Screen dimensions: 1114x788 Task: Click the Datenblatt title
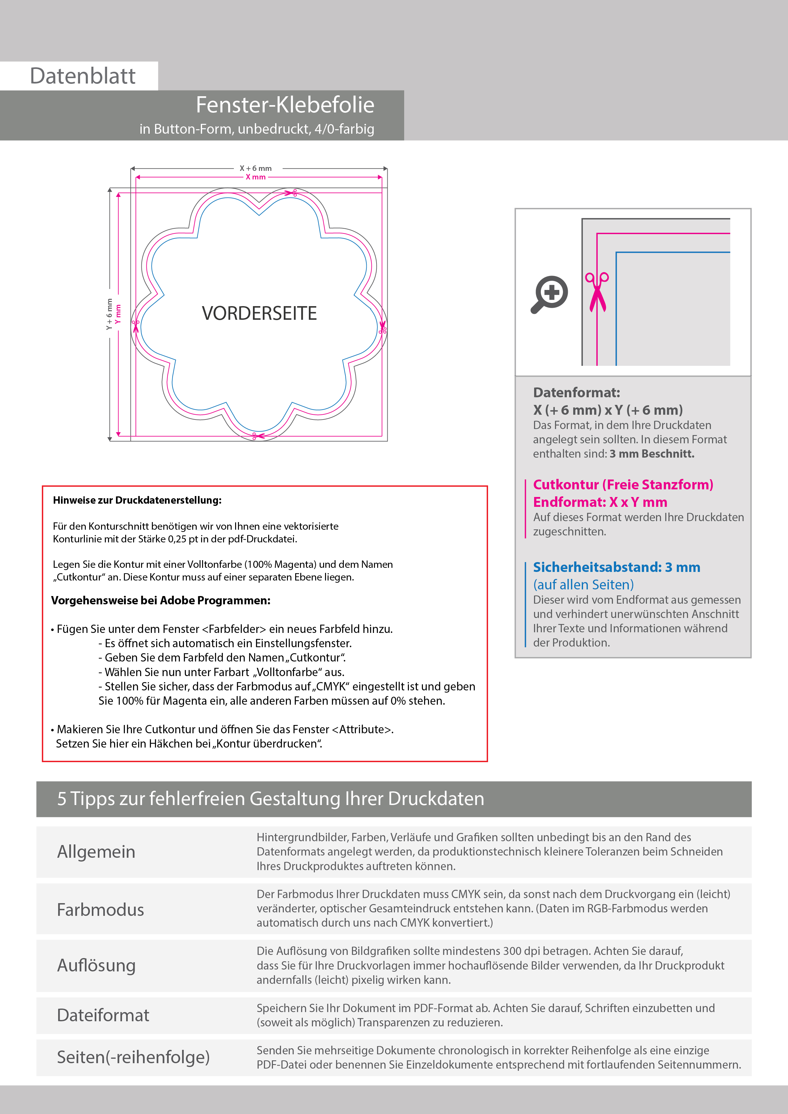(x=83, y=76)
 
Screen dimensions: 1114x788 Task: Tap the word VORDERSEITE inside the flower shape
(x=259, y=313)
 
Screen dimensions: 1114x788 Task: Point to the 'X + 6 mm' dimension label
(x=255, y=168)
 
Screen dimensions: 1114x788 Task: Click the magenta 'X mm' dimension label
(x=255, y=177)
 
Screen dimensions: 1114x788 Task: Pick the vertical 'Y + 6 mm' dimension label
(x=109, y=314)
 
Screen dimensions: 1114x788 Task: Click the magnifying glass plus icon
(x=550, y=294)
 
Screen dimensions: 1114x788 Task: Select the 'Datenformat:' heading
(x=576, y=393)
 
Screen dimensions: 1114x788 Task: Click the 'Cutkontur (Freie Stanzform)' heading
(x=623, y=485)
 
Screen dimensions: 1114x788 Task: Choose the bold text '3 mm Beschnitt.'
(x=652, y=454)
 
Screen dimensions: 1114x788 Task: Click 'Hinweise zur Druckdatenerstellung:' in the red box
(x=137, y=500)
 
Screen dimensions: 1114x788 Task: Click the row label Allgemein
(x=96, y=852)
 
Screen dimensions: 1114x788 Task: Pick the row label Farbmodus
(x=100, y=910)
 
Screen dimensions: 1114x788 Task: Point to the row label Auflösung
(x=96, y=965)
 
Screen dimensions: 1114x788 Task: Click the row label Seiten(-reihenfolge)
(x=133, y=1057)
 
